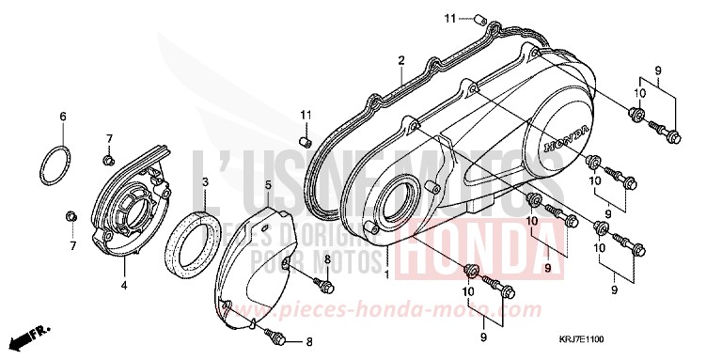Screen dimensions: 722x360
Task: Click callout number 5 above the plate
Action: coord(268,186)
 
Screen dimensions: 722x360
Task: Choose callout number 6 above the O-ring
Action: coord(63,117)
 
